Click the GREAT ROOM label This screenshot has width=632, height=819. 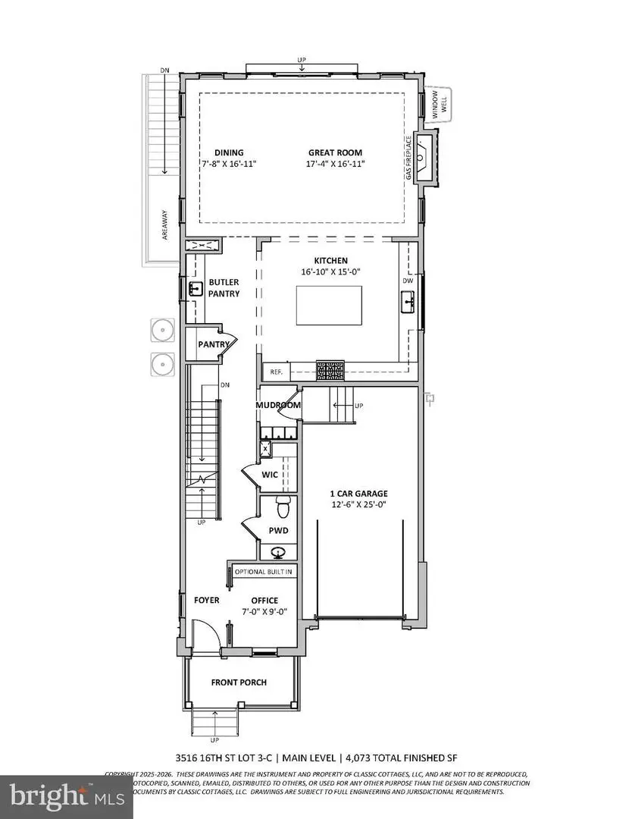[x=335, y=152]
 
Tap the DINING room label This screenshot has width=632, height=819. [x=228, y=152]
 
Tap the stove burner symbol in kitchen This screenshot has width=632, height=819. [x=330, y=371]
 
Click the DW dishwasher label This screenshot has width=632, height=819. [x=408, y=280]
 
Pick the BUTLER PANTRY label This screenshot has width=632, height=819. [x=224, y=287]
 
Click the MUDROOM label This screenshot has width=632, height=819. [x=278, y=405]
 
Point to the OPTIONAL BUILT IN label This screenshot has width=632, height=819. [x=264, y=570]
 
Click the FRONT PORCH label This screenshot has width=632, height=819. [x=239, y=682]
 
